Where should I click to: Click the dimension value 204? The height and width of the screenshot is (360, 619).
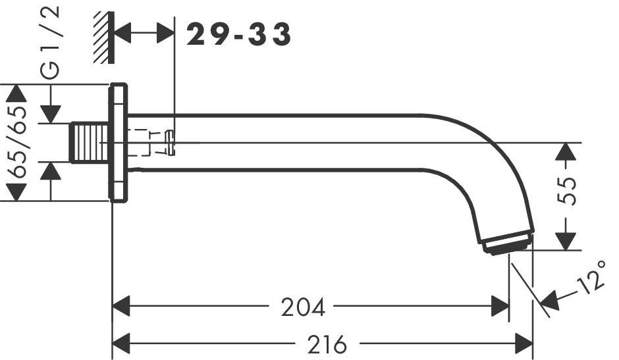pos(303,307)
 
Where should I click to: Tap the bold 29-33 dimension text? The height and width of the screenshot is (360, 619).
pos(238,34)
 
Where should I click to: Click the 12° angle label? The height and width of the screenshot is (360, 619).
pos(592,276)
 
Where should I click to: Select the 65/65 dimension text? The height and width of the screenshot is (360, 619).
pos(20,143)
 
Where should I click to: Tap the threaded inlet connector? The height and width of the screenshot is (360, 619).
pos(88,142)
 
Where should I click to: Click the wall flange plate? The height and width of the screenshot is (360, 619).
pos(119,142)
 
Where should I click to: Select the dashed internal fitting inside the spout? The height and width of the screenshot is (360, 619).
pos(151,143)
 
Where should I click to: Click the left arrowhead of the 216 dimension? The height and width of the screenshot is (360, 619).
pos(121,343)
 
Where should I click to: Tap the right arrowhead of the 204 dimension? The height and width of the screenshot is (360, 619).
pos(501,306)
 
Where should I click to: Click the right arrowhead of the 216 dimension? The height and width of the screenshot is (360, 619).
pos(525,343)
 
